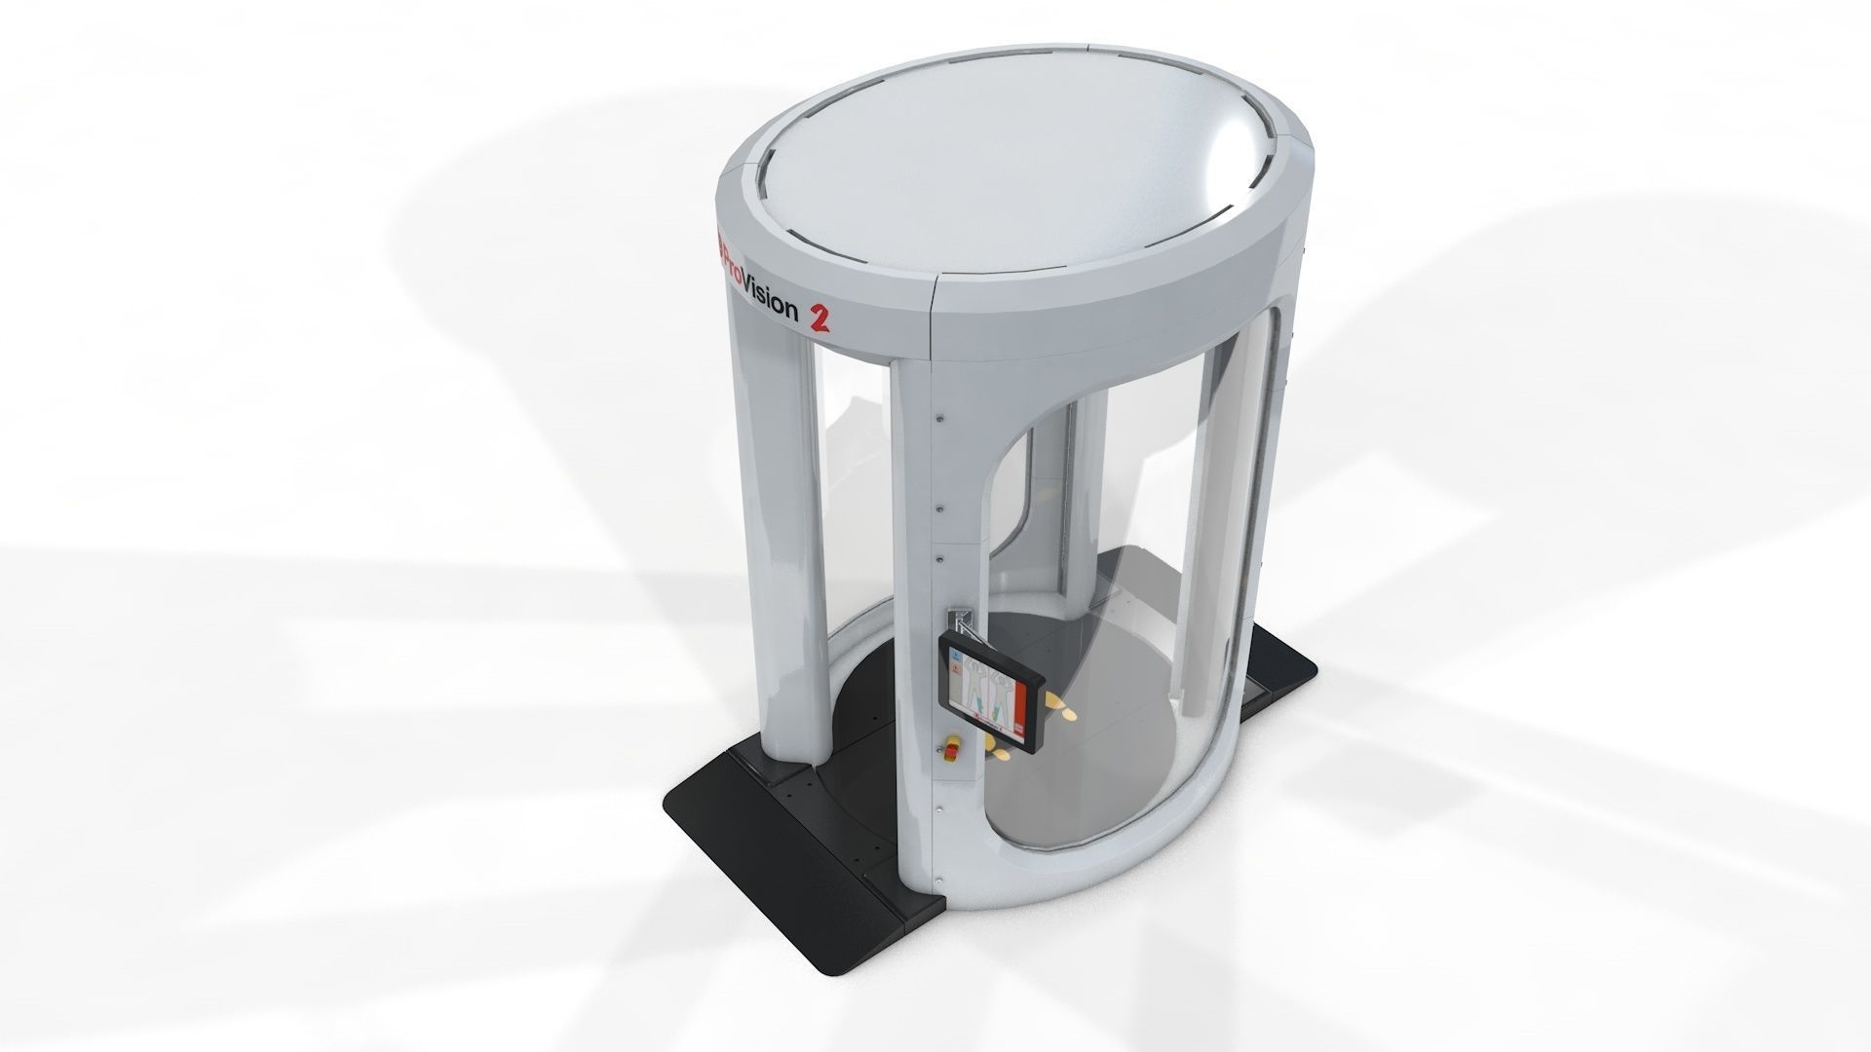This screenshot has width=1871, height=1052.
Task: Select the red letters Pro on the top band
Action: pos(733,257)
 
